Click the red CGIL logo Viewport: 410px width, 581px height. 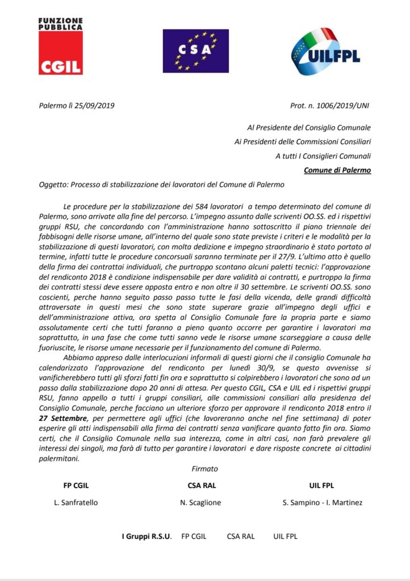(x=61, y=53)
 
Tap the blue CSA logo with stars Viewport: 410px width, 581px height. (x=196, y=50)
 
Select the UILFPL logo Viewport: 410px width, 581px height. (x=325, y=52)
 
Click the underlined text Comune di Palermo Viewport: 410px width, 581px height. (x=337, y=169)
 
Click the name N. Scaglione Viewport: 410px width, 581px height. (x=202, y=503)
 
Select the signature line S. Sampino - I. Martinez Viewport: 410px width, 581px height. (x=321, y=503)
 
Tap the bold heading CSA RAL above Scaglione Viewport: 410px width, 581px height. (x=202, y=486)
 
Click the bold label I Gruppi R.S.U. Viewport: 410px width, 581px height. (x=147, y=536)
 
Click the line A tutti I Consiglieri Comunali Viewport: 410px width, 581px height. (x=324, y=155)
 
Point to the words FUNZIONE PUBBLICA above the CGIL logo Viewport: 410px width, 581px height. (x=60, y=23)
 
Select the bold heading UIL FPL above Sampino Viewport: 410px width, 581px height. (x=321, y=486)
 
